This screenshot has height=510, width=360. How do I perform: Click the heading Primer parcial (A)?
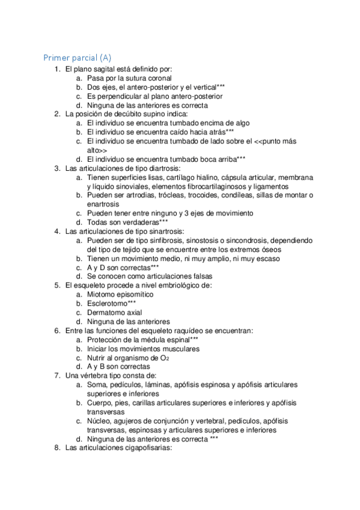[x=77, y=58]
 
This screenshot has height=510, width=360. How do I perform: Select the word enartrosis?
[x=103, y=204]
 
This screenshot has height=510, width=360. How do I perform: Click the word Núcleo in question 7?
[x=99, y=421]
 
